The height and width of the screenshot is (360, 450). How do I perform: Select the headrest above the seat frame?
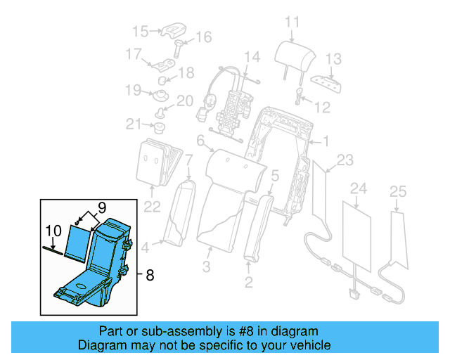290,52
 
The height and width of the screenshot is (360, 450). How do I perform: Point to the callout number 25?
397,191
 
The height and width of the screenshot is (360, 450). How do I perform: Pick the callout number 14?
252,57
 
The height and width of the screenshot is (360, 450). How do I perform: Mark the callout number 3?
207,266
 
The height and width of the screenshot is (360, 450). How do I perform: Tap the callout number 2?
248,283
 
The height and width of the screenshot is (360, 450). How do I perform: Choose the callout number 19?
134,89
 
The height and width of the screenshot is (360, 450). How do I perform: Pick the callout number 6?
200,143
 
